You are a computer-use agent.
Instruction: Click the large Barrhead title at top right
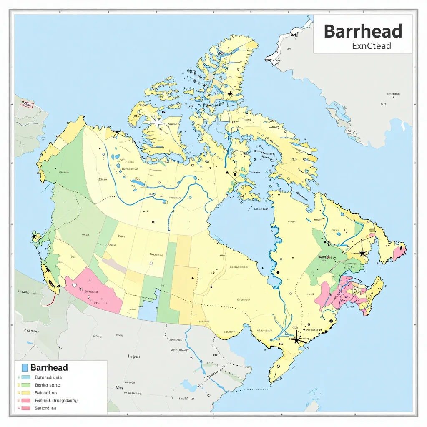point(363,32)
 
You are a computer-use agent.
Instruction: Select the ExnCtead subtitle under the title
point(371,46)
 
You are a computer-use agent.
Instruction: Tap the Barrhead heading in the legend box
point(49,367)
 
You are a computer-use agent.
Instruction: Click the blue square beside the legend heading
point(24,367)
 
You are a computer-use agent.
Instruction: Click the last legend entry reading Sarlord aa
point(46,408)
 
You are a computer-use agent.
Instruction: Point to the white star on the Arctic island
point(158,122)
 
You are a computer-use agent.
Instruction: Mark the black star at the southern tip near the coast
point(297,339)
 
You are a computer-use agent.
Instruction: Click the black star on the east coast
point(363,253)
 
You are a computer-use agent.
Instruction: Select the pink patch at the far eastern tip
point(399,252)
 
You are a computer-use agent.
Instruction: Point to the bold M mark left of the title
point(295,35)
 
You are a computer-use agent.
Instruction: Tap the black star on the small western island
point(34,236)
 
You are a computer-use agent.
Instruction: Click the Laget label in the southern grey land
point(134,357)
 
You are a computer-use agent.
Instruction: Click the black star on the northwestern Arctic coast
point(117,132)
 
